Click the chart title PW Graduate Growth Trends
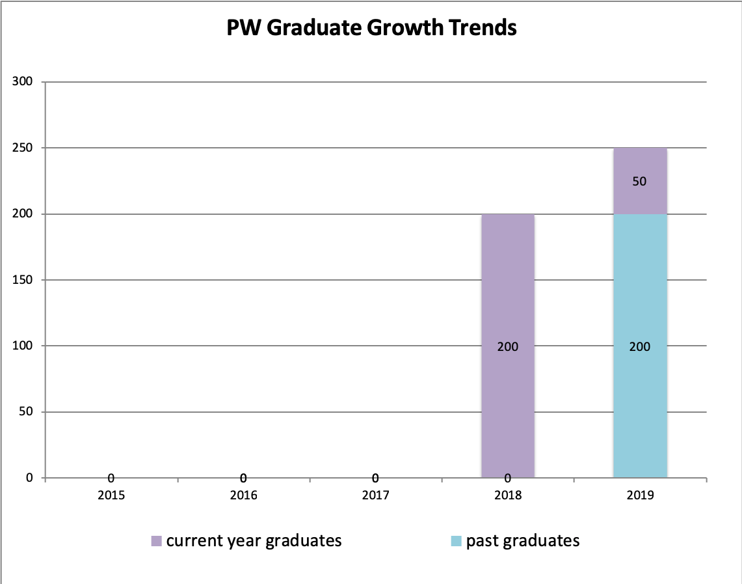[371, 28]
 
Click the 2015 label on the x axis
[111, 495]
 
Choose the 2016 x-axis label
[243, 495]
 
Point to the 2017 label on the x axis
[375, 495]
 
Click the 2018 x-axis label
[508, 495]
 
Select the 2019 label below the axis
[640, 495]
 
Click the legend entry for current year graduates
[254, 540]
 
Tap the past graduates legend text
[522, 540]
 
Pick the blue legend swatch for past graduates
[457, 541]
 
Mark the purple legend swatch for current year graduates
[156, 541]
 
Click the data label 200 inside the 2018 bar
[508, 347]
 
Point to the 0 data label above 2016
[243, 479]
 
